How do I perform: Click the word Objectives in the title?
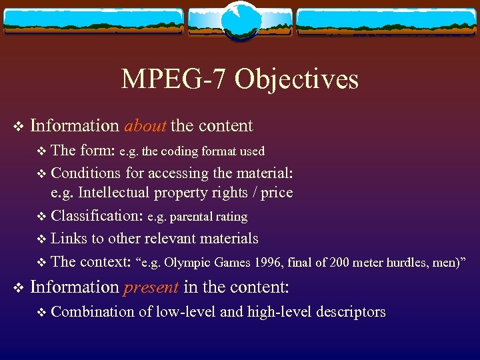[x=297, y=79]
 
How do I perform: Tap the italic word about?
[x=145, y=125]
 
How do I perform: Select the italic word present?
[x=151, y=287]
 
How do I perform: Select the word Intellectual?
[x=114, y=193]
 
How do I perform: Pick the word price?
[x=277, y=193]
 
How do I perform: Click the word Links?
[x=65, y=238]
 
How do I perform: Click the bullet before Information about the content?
[x=18, y=126]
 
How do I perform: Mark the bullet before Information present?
[x=18, y=287]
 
